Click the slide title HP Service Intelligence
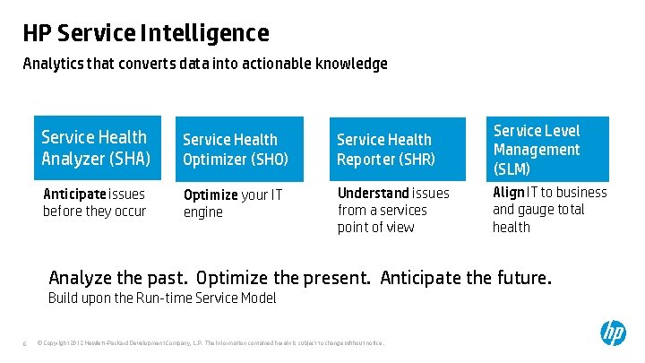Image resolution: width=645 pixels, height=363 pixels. click(145, 34)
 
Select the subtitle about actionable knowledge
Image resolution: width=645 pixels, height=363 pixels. click(205, 65)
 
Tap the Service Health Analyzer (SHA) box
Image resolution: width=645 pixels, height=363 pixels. click(97, 149)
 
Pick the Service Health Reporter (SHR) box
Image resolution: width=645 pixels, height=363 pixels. click(398, 149)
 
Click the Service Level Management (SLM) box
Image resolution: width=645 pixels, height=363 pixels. click(547, 149)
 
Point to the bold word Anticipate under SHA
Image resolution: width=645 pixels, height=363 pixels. click(75, 194)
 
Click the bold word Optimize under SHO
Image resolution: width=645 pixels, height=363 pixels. click(211, 195)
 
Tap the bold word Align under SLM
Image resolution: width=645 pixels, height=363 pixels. click(508, 193)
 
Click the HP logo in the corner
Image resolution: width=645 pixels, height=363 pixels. click(613, 333)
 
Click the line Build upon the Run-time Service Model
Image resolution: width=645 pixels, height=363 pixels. click(162, 298)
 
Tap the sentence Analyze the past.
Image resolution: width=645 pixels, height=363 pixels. click(117, 278)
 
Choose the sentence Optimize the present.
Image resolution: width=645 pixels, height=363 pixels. click(283, 278)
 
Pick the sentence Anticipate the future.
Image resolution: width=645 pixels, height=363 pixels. click(466, 278)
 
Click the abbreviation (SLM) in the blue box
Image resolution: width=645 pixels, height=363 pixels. click(512, 169)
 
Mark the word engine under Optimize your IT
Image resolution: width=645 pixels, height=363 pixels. click(202, 213)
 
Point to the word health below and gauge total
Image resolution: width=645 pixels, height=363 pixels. click(512, 227)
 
